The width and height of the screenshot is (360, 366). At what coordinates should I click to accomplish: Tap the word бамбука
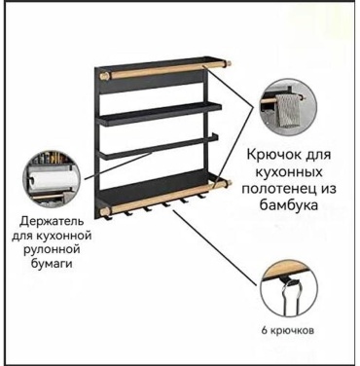point(289,205)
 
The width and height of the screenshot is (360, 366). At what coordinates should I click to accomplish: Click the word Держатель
point(52,222)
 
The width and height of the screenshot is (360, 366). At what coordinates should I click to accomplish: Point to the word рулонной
point(51,249)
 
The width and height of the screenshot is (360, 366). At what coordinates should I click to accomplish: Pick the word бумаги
point(52,263)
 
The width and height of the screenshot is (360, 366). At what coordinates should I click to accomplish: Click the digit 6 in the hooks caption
point(265,331)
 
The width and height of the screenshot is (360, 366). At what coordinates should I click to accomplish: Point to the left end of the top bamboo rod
point(104,76)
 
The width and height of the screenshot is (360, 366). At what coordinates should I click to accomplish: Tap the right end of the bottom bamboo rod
point(230,183)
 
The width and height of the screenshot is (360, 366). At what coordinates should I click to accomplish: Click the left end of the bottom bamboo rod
point(104,211)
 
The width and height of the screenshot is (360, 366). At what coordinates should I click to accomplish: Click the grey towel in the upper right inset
point(288,110)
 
